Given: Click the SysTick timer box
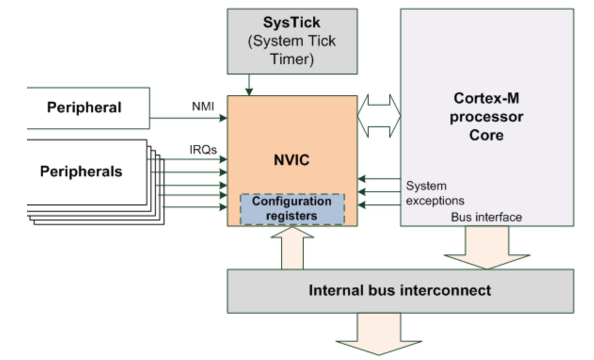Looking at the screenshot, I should (292, 41).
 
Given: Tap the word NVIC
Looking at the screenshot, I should (291, 160).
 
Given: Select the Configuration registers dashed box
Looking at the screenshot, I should (292, 209).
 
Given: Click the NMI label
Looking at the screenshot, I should (203, 107).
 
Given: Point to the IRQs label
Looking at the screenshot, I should (203, 150).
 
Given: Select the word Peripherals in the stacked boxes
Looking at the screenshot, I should (81, 171).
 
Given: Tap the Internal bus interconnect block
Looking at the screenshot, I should (400, 291).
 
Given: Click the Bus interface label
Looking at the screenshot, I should (486, 217).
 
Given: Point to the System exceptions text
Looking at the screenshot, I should (435, 193).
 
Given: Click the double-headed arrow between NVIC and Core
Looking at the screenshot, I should (379, 116).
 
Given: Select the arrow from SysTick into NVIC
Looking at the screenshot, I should (249, 85).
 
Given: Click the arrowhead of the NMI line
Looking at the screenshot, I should (223, 118).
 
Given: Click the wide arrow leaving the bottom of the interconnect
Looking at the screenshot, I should (379, 334).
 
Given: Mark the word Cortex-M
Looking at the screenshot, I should (486, 98).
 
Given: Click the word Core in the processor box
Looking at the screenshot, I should (486, 135).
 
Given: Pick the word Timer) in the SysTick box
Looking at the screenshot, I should (292, 59).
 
